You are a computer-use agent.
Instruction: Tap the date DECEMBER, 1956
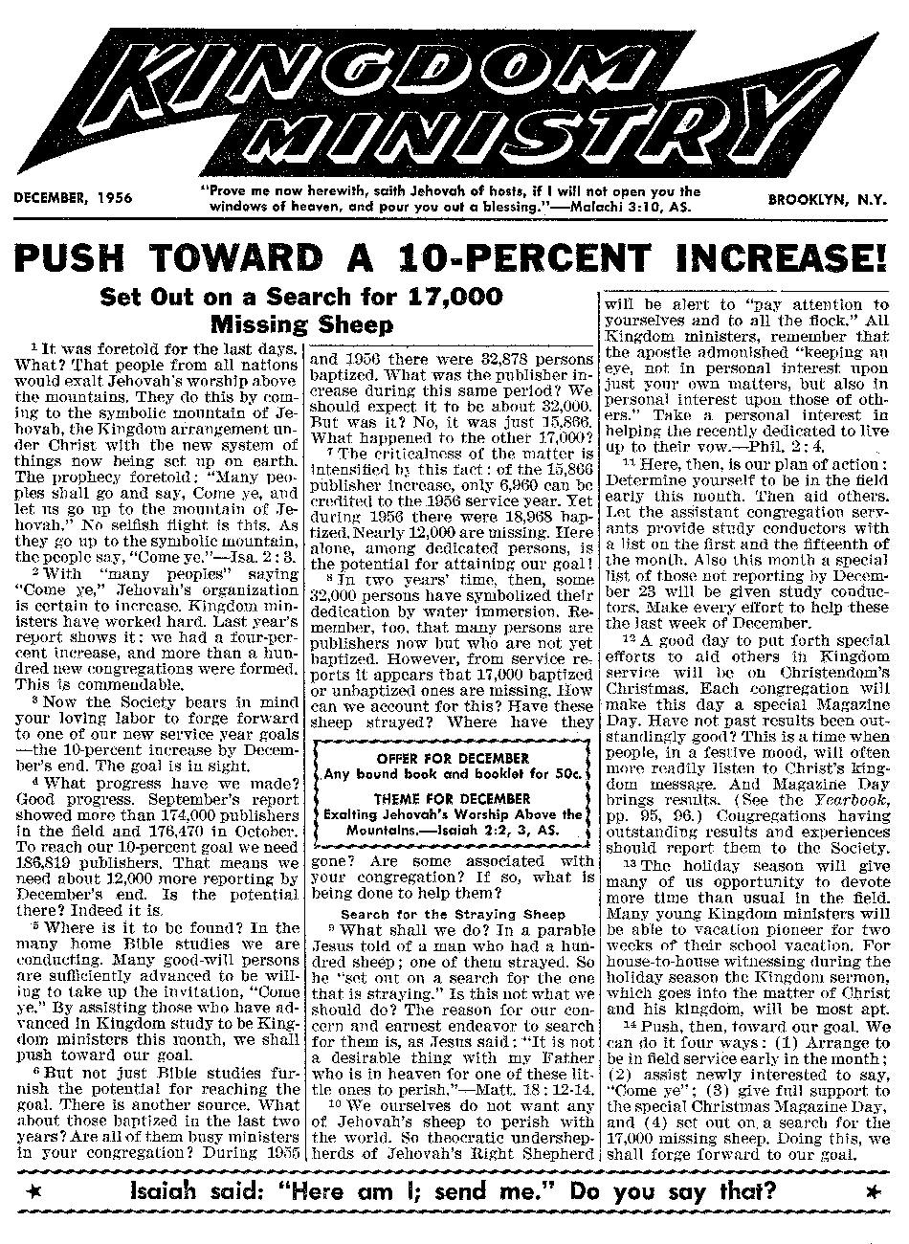(73, 199)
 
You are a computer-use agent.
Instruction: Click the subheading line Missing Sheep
(301, 323)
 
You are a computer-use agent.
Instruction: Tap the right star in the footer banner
(872, 1192)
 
